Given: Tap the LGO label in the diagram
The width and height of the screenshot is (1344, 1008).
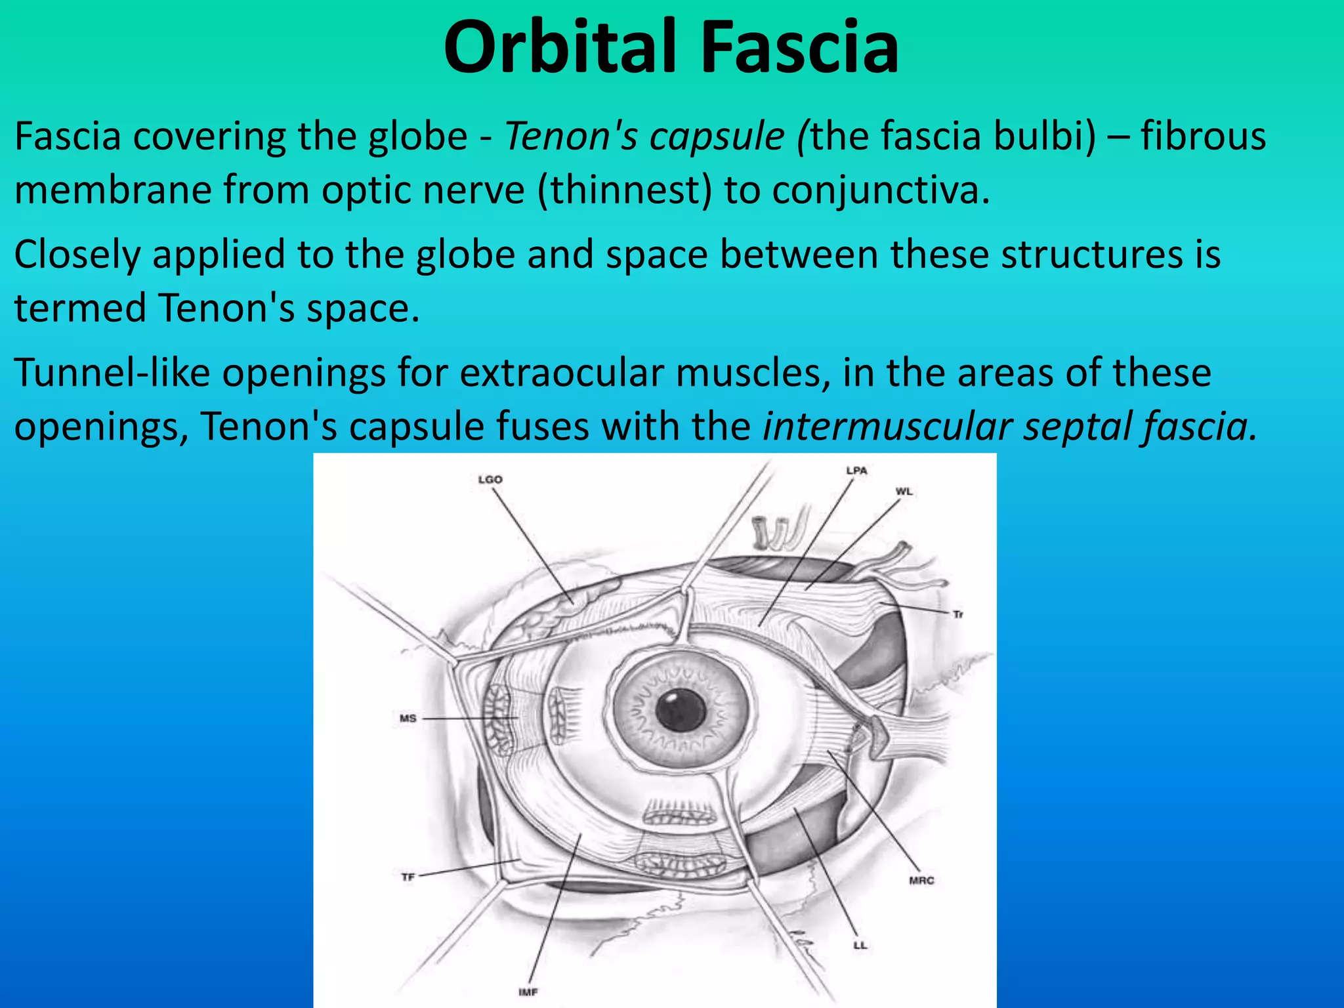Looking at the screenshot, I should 490,480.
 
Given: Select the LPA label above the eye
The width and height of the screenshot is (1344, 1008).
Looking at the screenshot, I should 856,471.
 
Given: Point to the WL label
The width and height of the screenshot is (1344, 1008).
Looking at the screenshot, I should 904,492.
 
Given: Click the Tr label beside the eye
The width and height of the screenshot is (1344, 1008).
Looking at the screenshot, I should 957,614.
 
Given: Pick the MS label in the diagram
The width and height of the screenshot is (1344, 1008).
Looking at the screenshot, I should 408,719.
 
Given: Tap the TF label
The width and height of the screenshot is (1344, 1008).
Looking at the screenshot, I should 408,877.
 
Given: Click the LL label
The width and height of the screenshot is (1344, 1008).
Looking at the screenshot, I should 860,946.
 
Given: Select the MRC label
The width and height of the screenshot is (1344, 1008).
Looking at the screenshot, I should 921,881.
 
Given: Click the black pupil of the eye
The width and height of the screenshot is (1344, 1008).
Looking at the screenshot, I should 680,711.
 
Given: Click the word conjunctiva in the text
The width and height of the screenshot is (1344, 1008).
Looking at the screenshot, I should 880,190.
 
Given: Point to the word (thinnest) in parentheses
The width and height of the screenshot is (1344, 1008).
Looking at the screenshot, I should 624,190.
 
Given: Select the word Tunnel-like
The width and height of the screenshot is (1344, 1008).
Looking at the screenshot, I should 112,373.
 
